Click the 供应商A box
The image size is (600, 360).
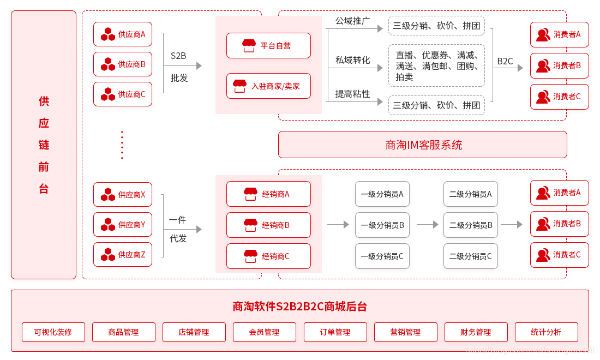(123, 34)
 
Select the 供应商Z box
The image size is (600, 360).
(123, 254)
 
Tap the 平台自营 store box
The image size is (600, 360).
(268, 46)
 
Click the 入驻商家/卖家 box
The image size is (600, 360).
(268, 86)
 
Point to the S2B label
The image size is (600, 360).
(178, 56)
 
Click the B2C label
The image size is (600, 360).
(505, 61)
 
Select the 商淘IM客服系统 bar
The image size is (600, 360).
(423, 145)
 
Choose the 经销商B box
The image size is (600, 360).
(268, 225)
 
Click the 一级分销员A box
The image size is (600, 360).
(382, 194)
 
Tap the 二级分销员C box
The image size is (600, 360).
(471, 256)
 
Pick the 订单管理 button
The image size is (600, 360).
(335, 332)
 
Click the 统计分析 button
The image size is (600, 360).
(546, 332)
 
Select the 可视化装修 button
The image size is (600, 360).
(53, 332)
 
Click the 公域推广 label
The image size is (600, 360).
(352, 21)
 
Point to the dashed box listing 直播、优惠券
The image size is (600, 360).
(436, 65)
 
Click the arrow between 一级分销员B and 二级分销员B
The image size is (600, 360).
(428, 224)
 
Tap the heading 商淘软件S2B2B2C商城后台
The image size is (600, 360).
(300, 307)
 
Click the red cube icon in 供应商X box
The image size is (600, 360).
(108, 194)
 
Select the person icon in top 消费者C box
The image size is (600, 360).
(543, 97)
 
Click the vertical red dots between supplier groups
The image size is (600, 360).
(122, 145)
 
